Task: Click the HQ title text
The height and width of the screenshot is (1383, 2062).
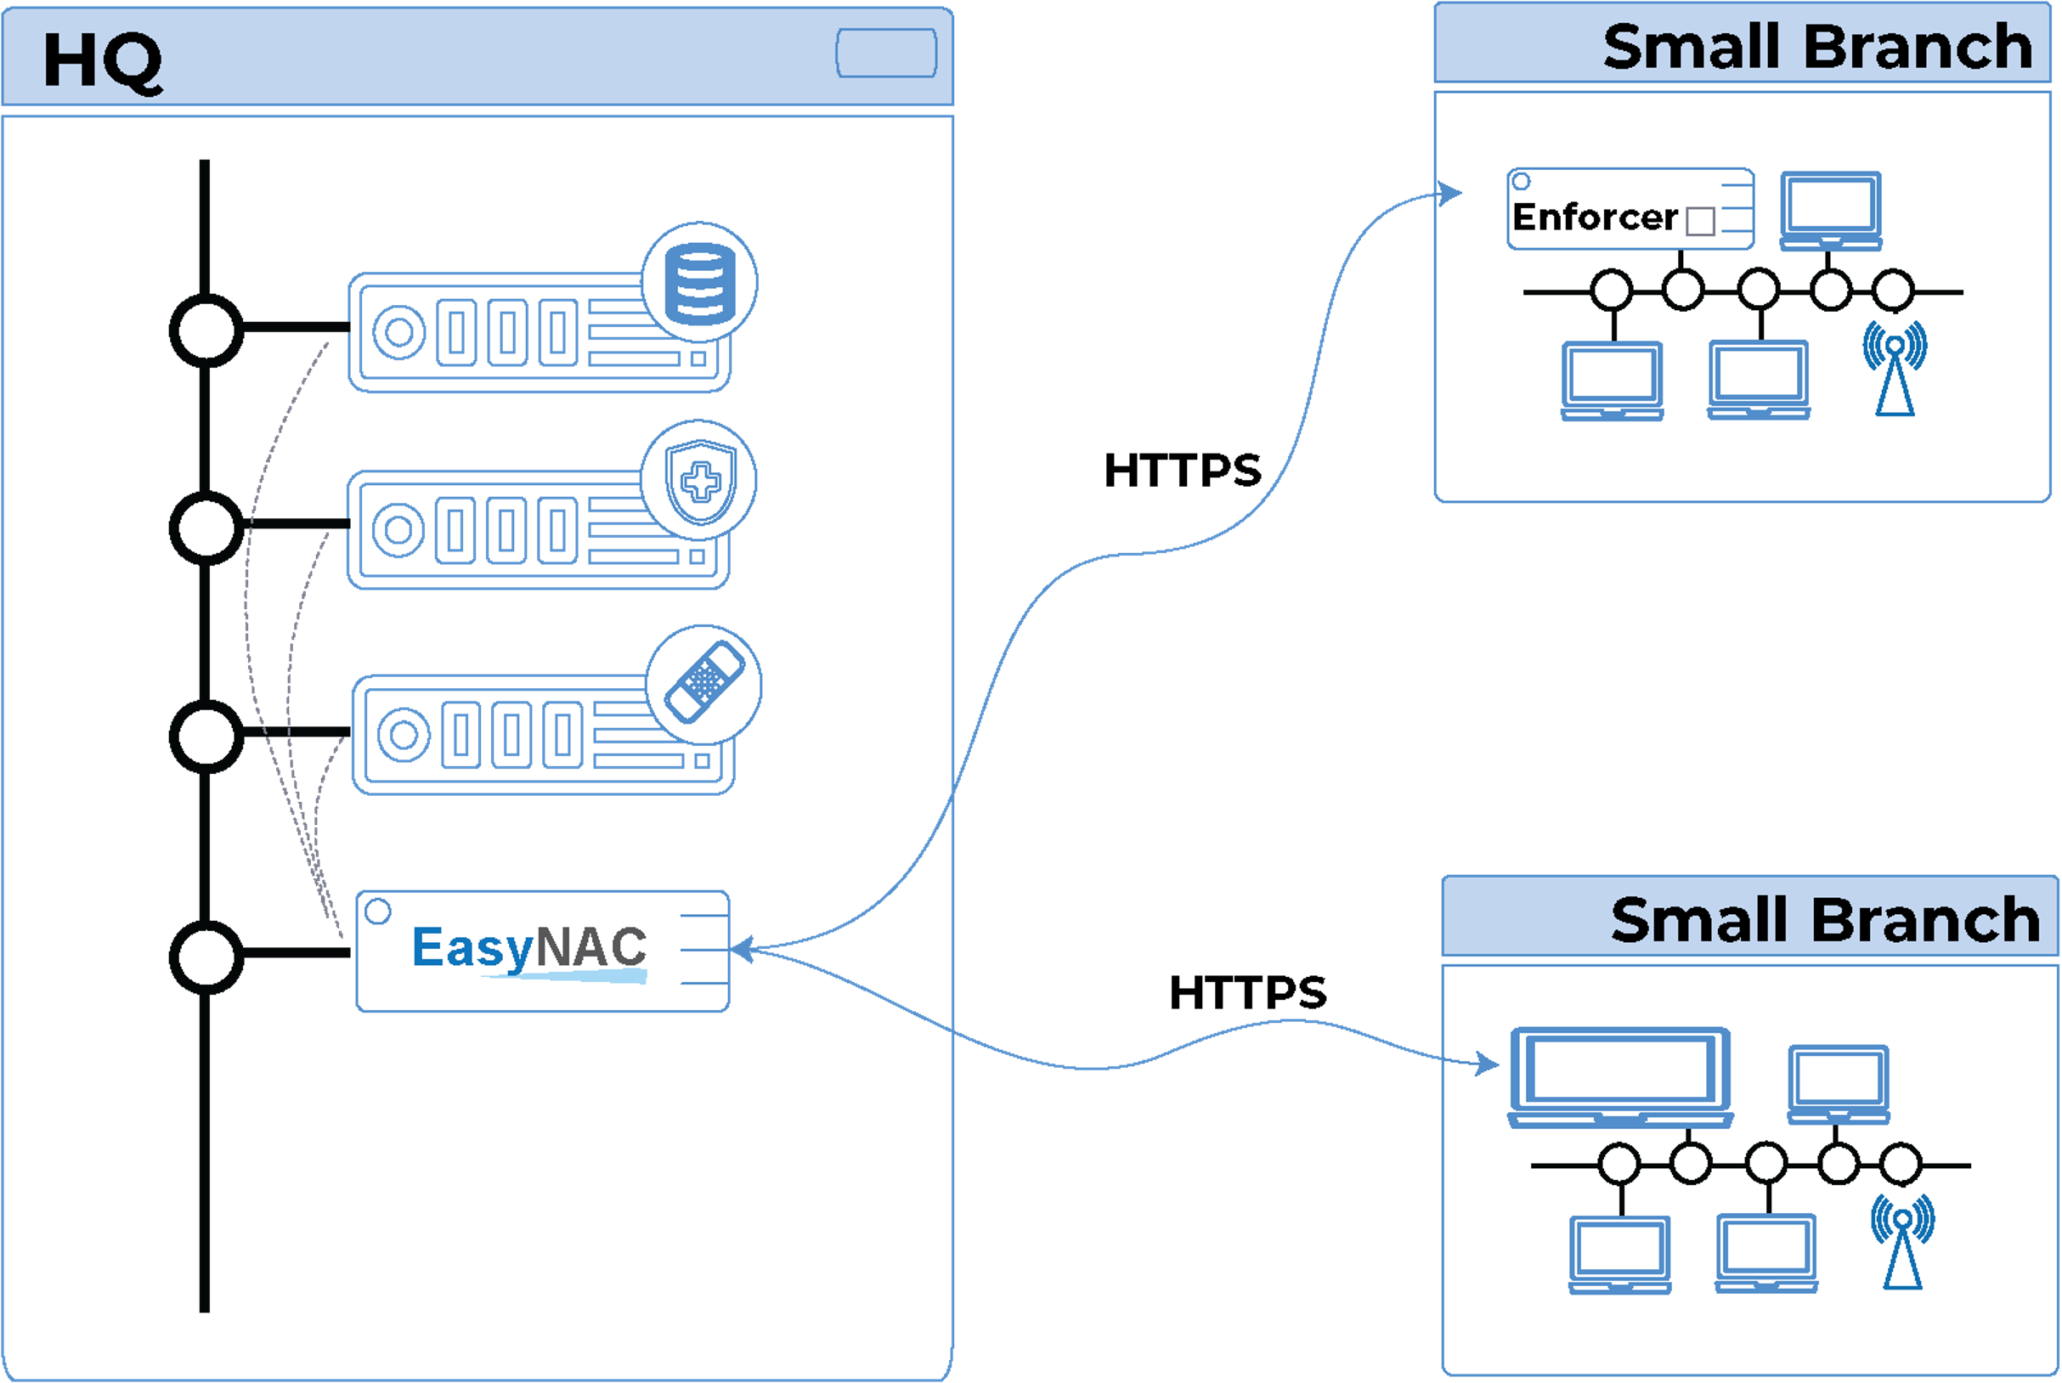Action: pyautogui.click(x=102, y=60)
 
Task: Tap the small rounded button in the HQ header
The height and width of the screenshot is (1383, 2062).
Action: pyautogui.click(x=885, y=53)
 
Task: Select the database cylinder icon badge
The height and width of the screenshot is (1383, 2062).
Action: pyautogui.click(x=698, y=281)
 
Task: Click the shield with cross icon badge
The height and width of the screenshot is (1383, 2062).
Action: pyautogui.click(x=699, y=481)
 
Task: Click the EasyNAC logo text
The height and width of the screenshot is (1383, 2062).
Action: pyautogui.click(x=529, y=948)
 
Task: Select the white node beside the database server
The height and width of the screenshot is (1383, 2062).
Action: pyautogui.click(x=206, y=331)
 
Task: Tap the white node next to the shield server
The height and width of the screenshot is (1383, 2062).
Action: pyautogui.click(x=206, y=528)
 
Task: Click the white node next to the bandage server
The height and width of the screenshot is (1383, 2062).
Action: pyautogui.click(x=206, y=737)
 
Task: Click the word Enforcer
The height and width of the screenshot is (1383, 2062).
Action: pyautogui.click(x=1594, y=217)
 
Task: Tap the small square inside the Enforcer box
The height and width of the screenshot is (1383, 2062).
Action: pyautogui.click(x=1699, y=222)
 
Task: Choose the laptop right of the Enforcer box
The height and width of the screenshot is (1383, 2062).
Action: pyautogui.click(x=1830, y=210)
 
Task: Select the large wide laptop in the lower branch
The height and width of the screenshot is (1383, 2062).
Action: pyautogui.click(x=1620, y=1076)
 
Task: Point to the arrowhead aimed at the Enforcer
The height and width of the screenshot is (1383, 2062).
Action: pyautogui.click(x=1451, y=192)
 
